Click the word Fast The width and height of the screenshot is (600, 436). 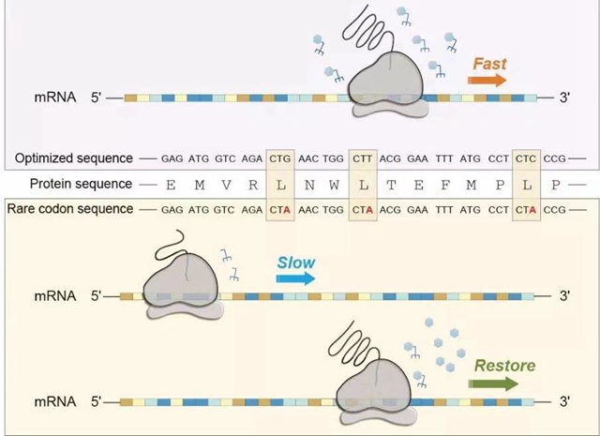(490, 64)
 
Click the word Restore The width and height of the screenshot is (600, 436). (504, 366)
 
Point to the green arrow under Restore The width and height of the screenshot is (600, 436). (494, 383)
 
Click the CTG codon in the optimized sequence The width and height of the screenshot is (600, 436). (280, 158)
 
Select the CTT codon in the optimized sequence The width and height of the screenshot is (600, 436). (363, 158)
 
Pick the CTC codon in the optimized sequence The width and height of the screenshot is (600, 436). (527, 158)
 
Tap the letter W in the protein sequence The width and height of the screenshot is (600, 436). (334, 185)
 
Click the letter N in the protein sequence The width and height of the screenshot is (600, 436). (307, 185)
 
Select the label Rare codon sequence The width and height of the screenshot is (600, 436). (69, 208)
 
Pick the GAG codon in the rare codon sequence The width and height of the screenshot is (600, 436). (172, 208)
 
